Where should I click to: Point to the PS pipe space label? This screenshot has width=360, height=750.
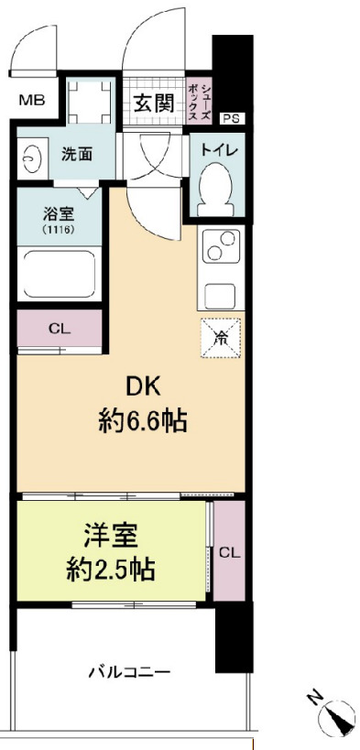click(233, 118)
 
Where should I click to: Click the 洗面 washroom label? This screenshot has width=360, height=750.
click(76, 155)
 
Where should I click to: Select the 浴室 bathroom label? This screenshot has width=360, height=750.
click(57, 214)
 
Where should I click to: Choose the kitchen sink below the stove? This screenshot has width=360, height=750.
click(220, 298)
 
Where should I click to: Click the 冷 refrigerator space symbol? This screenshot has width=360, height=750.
click(221, 337)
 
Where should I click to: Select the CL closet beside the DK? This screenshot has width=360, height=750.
click(58, 327)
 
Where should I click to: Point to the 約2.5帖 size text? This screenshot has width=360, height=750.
click(109, 571)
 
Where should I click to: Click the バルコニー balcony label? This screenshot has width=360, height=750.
click(129, 673)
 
